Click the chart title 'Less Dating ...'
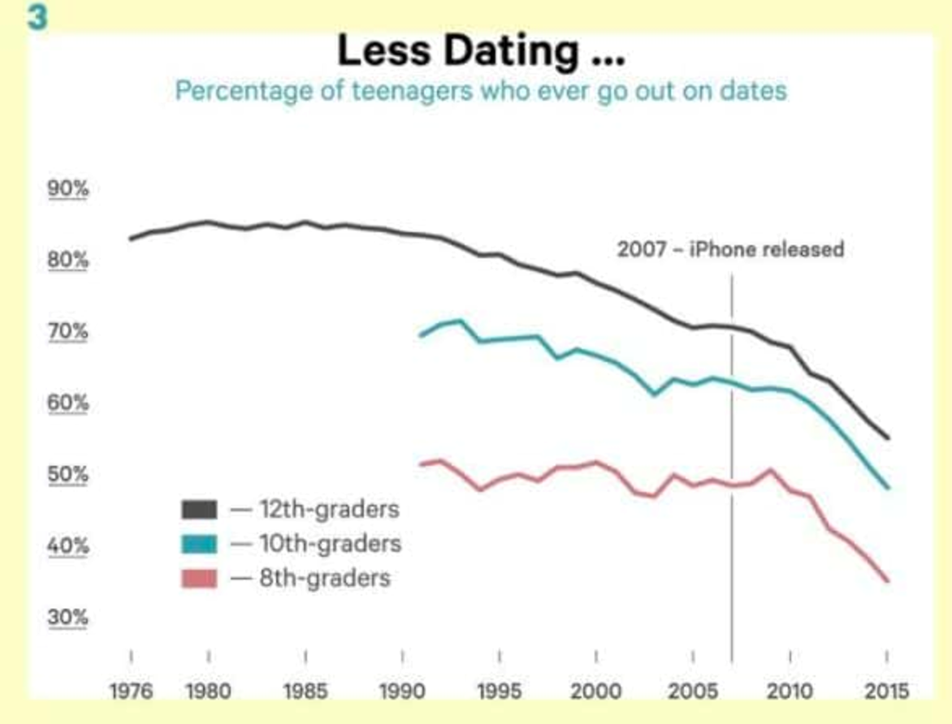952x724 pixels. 481,52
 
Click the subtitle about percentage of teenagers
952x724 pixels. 481,89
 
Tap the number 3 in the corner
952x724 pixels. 37,18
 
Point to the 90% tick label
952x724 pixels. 68,189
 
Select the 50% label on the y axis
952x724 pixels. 68,474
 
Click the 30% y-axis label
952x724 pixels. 68,618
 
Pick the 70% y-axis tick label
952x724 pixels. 68,332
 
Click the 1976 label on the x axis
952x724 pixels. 131,692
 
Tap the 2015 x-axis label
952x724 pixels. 886,692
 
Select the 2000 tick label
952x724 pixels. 596,692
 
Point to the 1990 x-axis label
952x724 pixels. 403,692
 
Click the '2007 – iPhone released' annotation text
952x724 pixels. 730,249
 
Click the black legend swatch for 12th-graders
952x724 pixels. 198,510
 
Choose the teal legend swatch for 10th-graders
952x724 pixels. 198,544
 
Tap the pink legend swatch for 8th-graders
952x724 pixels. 198,579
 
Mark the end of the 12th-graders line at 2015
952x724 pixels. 889,438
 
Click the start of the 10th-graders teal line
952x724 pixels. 420,335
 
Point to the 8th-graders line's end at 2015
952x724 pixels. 889,580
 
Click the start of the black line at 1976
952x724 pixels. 131,239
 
